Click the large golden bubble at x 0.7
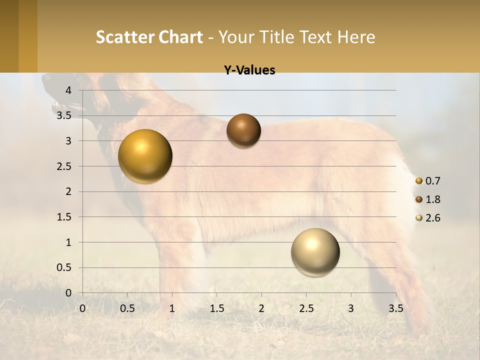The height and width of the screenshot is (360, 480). click(145, 156)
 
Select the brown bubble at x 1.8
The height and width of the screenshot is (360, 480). click(243, 130)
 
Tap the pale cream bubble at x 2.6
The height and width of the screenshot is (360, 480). click(315, 252)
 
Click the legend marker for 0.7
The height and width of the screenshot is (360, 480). click(419, 180)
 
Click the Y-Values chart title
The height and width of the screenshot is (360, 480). click(249, 70)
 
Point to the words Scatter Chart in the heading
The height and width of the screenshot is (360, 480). click(149, 37)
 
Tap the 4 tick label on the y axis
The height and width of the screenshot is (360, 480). click(68, 90)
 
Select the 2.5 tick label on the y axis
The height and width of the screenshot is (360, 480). click(64, 166)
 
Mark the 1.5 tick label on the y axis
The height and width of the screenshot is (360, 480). click(64, 217)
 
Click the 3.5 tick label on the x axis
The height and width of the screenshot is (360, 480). click(395, 308)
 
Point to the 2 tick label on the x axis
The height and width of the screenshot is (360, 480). click(261, 308)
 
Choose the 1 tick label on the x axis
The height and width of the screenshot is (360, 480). click(172, 308)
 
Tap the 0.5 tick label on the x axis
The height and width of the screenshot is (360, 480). click(127, 308)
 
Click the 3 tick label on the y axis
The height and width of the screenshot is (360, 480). click(68, 141)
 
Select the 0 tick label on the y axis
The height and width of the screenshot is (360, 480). click(68, 293)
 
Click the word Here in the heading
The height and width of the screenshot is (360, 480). click(356, 37)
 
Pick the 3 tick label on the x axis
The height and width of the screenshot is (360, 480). click(351, 308)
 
